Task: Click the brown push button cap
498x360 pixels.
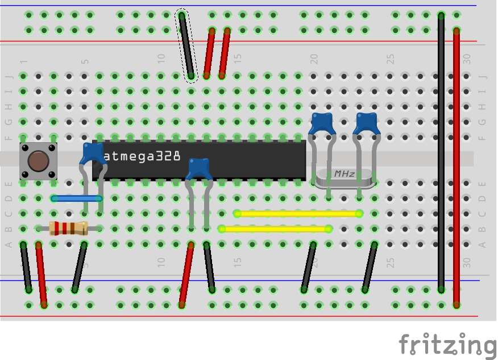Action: (x=38, y=162)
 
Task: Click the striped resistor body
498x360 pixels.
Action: (x=68, y=229)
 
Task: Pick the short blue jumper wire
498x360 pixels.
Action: (x=77, y=198)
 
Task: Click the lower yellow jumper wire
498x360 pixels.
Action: (x=275, y=229)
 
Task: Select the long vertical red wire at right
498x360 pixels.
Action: (x=457, y=165)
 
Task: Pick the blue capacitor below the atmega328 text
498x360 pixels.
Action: (x=199, y=169)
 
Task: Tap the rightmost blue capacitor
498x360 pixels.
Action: (x=367, y=123)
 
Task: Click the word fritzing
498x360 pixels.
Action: (x=447, y=345)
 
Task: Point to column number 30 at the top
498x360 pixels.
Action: (x=467, y=59)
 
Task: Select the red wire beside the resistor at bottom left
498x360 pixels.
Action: (x=41, y=274)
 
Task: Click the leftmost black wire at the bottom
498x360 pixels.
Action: (x=26, y=267)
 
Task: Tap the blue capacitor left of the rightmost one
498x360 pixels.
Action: (x=322, y=123)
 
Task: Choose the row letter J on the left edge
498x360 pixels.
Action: (x=9, y=76)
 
